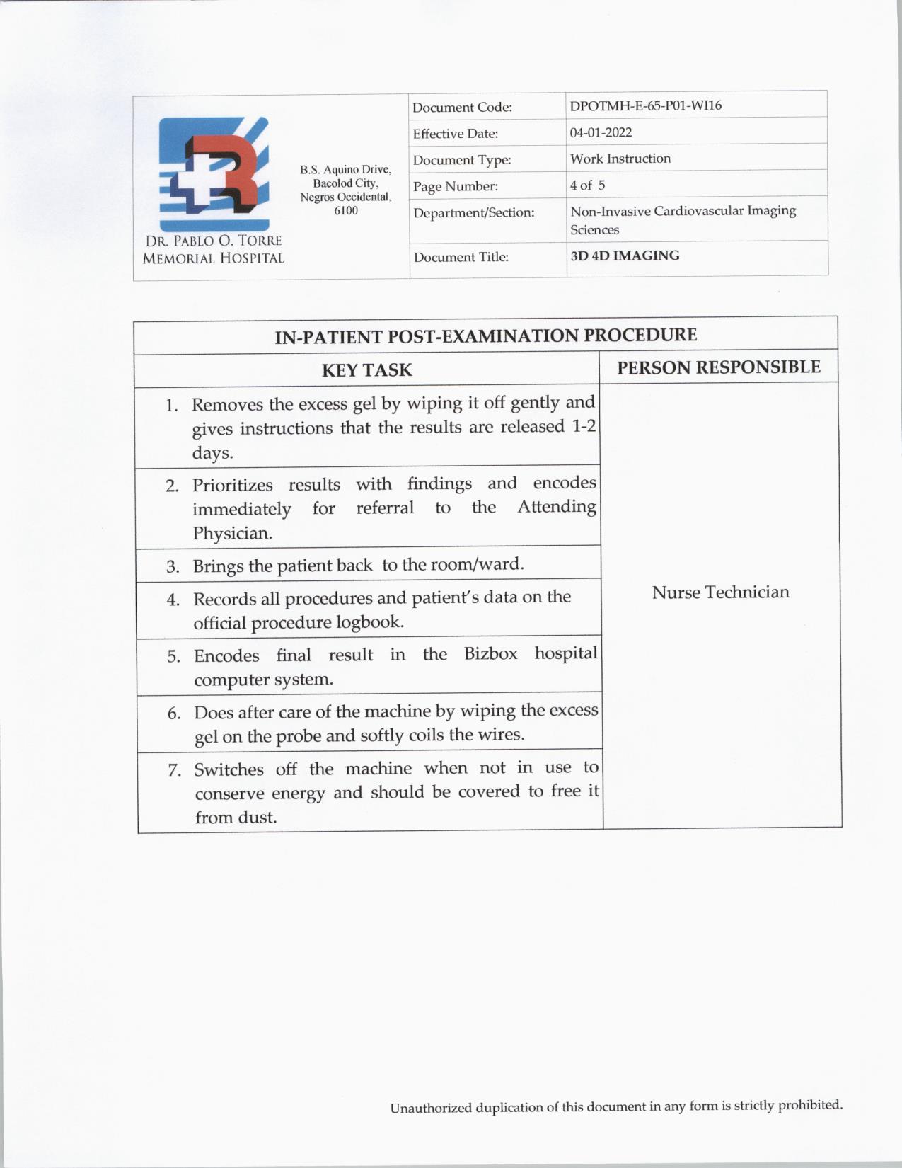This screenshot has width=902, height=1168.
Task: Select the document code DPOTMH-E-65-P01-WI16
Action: (645, 106)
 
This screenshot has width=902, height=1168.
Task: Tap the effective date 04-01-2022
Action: (601, 132)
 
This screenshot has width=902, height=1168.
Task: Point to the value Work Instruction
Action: (620, 159)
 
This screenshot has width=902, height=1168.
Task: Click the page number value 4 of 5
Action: (587, 185)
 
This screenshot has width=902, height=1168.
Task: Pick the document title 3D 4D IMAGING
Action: (625, 256)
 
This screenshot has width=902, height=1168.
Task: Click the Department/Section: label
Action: (473, 212)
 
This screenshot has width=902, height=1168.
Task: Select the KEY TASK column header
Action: (366, 370)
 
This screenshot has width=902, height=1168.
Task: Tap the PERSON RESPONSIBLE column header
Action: (718, 367)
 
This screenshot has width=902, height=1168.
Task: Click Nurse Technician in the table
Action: (720, 592)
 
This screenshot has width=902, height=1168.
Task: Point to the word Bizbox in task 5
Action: (490, 653)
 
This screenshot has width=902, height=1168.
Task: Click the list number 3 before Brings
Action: (173, 567)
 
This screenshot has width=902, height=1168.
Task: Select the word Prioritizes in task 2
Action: (232, 486)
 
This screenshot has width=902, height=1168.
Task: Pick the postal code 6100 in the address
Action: (345, 210)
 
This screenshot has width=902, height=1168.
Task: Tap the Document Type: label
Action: (462, 160)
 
